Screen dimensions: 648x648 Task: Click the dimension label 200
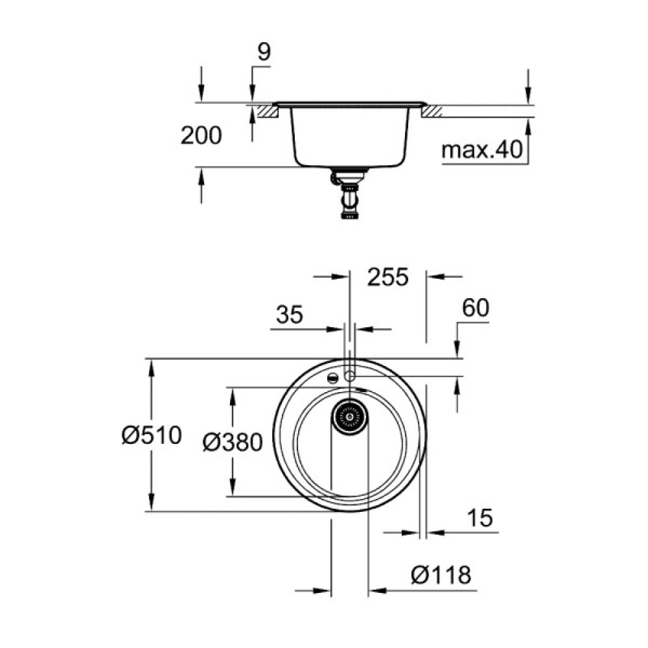pos(201,135)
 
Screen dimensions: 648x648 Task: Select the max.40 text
pos(481,151)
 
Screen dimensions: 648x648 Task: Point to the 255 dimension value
pos(388,277)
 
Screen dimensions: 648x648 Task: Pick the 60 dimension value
pos(476,308)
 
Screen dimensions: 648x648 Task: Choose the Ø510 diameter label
pos(151,435)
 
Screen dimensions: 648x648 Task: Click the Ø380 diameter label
pos(232,443)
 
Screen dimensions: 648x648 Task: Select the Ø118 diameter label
pos(441,575)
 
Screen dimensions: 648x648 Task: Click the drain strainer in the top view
pos(350,416)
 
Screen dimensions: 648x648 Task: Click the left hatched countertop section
pos(266,113)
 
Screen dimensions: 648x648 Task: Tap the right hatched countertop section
pos(432,113)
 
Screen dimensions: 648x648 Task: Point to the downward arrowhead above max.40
pos(528,96)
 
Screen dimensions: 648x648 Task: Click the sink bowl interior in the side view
pos(350,136)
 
